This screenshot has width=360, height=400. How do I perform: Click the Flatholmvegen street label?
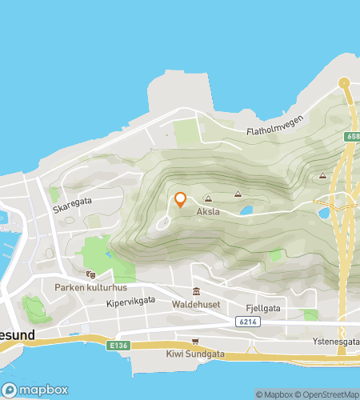coord(275,134)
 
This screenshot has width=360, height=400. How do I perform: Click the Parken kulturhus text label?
coord(87,287)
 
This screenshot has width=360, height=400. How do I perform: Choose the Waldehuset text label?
coord(196,305)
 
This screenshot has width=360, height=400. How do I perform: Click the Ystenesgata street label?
coord(336,340)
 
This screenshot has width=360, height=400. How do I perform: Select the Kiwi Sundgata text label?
coord(195,353)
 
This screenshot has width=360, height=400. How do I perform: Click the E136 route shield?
coord(118,345)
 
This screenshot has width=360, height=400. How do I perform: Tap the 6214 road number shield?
coord(248,322)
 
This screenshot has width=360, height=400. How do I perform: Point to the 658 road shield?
coord(353,138)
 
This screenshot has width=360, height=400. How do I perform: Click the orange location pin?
coord(180,200)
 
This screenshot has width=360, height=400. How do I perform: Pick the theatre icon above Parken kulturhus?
coord(90,274)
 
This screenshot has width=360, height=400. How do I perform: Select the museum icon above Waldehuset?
coord(196,291)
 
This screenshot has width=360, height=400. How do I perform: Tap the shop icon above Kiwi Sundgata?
coord(195,341)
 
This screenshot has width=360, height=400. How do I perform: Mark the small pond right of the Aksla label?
coord(246,211)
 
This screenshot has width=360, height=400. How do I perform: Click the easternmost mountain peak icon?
coord(322,175)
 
